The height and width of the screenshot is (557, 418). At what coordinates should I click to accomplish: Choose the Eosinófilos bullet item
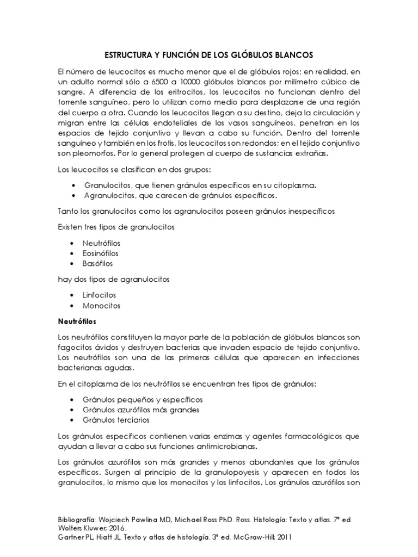[101, 253]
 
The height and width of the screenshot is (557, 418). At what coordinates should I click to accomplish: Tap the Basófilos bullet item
[97, 263]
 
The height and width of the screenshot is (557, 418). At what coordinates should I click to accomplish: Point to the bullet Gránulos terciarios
[116, 420]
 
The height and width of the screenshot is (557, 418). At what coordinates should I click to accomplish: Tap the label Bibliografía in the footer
[80, 519]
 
